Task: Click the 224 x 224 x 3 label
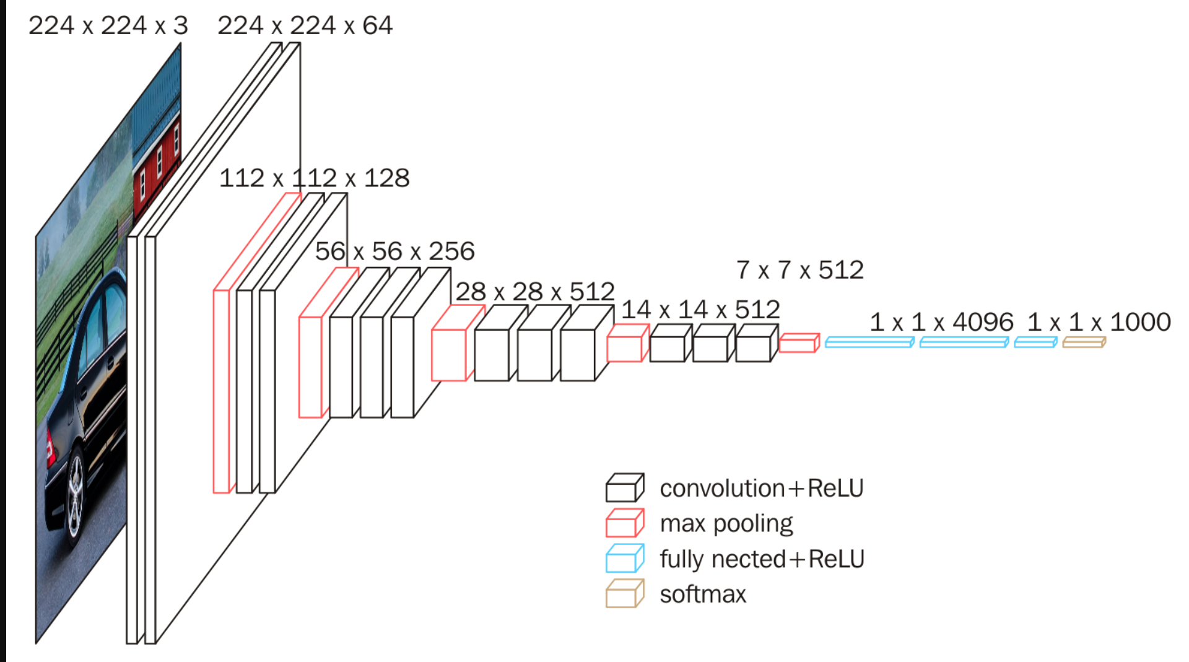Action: [108, 26]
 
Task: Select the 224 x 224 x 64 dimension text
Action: [305, 26]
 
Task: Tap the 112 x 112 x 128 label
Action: [314, 178]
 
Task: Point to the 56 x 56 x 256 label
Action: [394, 251]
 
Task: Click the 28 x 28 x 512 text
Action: [535, 292]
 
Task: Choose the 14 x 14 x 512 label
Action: [700, 310]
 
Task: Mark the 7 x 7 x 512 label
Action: [799, 270]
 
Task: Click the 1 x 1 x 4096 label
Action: [941, 322]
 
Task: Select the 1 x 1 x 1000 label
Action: [1099, 322]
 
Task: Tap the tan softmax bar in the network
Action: [1084, 342]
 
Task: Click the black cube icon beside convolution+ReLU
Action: [624, 488]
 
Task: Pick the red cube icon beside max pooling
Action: [624, 523]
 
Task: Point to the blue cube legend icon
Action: [624, 559]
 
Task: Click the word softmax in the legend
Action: [703, 594]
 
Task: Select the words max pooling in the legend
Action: [726, 524]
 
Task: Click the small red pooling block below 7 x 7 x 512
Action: [799, 342]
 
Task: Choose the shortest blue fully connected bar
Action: [1035, 342]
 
